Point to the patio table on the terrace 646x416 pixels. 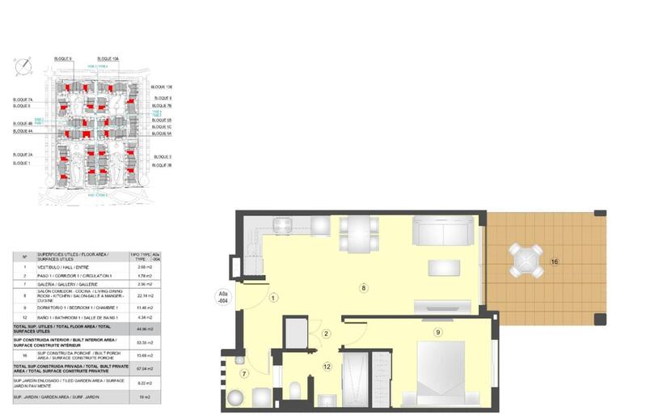pyautogui.click(x=526, y=260)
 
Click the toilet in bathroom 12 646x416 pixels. pyautogui.click(x=295, y=390)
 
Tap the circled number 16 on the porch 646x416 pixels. pyautogui.click(x=554, y=261)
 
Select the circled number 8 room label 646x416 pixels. pyautogui.click(x=364, y=287)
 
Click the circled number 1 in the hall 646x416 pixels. pyautogui.click(x=273, y=298)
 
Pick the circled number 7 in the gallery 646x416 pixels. pyautogui.click(x=244, y=373)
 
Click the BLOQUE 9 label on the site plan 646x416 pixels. pyautogui.click(x=63, y=59)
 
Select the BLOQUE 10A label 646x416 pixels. pyautogui.click(x=108, y=59)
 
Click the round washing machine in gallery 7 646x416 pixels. pyautogui.click(x=235, y=398)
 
